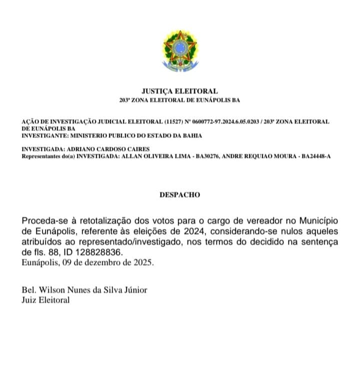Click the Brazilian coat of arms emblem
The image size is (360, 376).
pyautogui.click(x=180, y=50)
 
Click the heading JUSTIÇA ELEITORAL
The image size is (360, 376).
pyautogui.click(x=180, y=91)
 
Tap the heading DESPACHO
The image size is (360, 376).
pyautogui.click(x=180, y=195)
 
